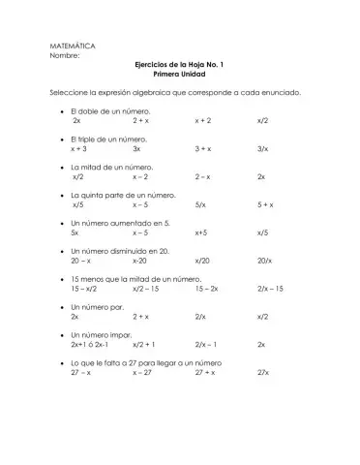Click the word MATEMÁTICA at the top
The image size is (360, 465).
click(x=72, y=46)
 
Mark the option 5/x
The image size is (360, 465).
click(x=199, y=205)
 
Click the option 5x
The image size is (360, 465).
click(x=75, y=233)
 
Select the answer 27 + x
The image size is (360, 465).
click(x=205, y=372)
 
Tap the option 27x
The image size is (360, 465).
click(x=263, y=372)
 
